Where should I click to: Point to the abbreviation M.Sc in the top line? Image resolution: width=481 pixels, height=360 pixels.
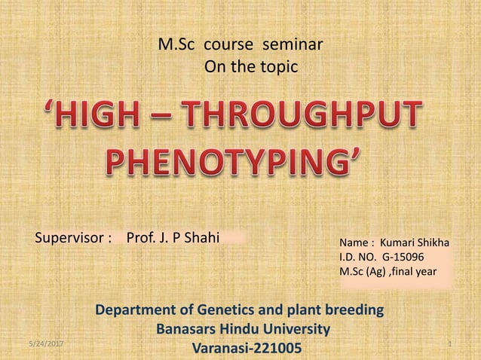(x=174, y=44)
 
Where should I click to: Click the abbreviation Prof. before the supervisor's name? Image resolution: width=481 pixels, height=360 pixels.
(x=142, y=239)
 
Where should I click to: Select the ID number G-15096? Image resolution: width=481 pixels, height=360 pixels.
(x=408, y=258)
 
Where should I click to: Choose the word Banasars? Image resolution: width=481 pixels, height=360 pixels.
(x=185, y=329)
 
